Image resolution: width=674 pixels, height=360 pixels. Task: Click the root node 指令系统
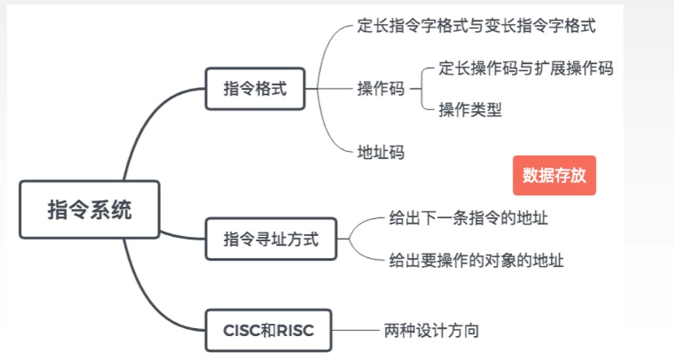pos(89,209)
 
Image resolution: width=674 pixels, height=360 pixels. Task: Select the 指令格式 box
pos(255,89)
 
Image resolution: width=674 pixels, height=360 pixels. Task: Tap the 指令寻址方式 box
pos(271,238)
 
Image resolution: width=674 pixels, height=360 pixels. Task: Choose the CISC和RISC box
pos(268,330)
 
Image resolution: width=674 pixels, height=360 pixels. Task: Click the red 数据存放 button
pos(554,175)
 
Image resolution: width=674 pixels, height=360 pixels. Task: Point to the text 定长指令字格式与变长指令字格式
pos(476,27)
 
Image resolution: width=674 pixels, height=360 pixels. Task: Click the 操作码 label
pos(381,89)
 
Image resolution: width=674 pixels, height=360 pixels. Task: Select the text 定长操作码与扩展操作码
pos(526,69)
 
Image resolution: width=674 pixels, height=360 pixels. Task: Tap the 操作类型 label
pos(470,110)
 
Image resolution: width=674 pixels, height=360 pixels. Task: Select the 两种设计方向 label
pos(431,331)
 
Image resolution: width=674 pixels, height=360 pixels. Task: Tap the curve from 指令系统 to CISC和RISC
pos(145,290)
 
